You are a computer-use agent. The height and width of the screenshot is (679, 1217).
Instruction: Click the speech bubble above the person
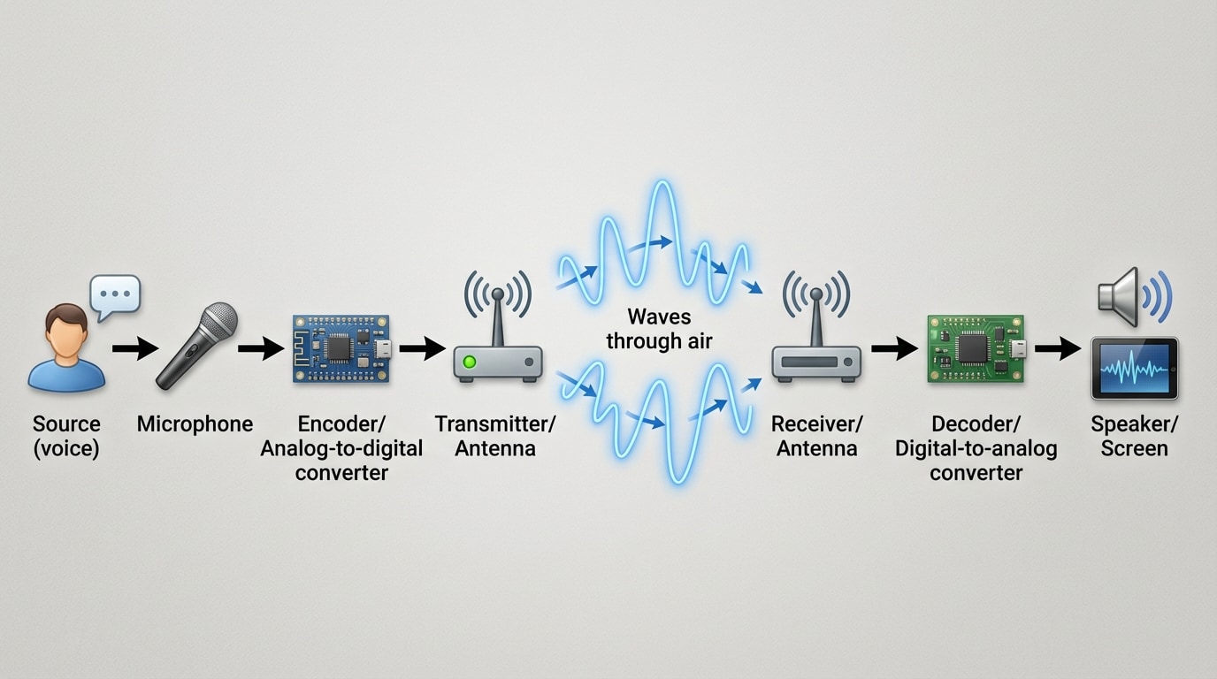(x=115, y=294)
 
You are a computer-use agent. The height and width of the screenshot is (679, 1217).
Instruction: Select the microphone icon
(x=196, y=346)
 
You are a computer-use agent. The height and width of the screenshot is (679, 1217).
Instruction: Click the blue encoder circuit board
(x=341, y=348)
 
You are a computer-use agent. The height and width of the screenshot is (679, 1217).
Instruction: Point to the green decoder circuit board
(x=976, y=348)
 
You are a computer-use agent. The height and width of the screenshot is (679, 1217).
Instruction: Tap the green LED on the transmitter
(x=470, y=362)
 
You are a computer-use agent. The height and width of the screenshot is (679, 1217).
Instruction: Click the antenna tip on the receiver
(x=815, y=293)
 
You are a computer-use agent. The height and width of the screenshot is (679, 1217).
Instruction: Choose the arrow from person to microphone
(x=134, y=348)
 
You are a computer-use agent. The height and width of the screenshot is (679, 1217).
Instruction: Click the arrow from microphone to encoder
(x=261, y=348)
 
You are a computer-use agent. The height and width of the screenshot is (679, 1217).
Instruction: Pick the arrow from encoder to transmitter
(x=422, y=348)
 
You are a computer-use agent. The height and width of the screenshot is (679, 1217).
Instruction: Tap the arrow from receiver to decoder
(x=894, y=348)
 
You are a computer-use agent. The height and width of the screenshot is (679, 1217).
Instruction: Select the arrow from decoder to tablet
(x=1057, y=348)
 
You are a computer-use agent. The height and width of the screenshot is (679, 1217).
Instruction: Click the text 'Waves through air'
(x=659, y=329)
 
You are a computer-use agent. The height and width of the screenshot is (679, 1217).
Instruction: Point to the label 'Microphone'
(x=195, y=424)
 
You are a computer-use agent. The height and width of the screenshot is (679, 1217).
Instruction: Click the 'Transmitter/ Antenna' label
(x=495, y=436)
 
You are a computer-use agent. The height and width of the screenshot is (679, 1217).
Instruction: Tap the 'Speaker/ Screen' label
(x=1134, y=436)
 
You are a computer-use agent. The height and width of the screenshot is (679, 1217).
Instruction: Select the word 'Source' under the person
(x=66, y=424)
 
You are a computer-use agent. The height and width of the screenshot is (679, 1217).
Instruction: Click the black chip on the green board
(x=972, y=349)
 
